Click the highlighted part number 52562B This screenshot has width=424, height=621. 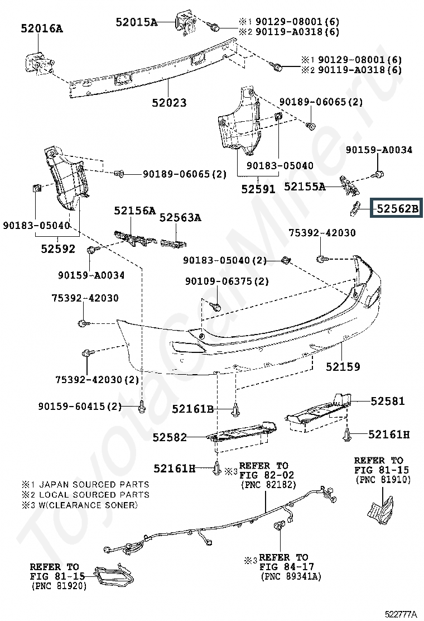click(x=397, y=209)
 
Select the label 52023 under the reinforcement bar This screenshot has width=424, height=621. click(x=168, y=103)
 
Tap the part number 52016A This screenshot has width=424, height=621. click(x=42, y=27)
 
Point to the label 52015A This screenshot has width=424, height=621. click(x=137, y=22)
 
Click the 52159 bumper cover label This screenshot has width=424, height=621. click(x=343, y=367)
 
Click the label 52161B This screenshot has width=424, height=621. click(x=192, y=409)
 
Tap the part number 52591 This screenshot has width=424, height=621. click(x=258, y=189)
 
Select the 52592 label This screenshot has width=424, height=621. click(x=57, y=249)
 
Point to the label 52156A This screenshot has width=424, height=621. click(x=134, y=211)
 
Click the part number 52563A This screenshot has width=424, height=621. click(x=180, y=218)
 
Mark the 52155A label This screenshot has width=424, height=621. click(x=304, y=187)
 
